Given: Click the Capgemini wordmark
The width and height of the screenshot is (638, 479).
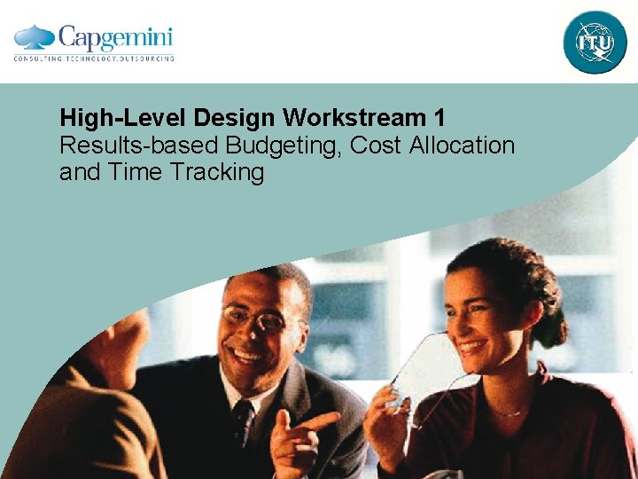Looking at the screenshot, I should pyautogui.click(x=115, y=38).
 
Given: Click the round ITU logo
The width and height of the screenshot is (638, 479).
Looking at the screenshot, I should pyautogui.click(x=595, y=42).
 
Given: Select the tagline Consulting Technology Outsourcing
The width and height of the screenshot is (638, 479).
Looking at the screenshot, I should pyautogui.click(x=94, y=59).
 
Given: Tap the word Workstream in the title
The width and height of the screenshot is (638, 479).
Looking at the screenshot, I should pyautogui.click(x=340, y=118).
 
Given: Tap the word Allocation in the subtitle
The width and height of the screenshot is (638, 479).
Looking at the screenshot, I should pyautogui.click(x=463, y=145).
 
